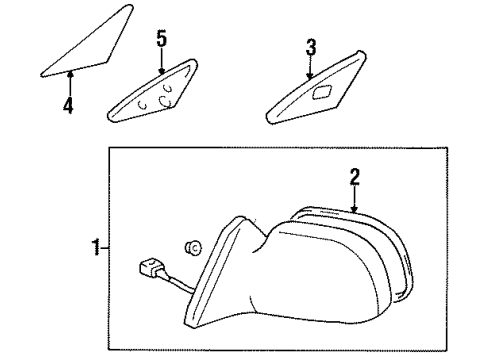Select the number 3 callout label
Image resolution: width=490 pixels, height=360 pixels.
tap(311, 46)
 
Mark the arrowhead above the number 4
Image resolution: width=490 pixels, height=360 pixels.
tap(69, 72)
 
